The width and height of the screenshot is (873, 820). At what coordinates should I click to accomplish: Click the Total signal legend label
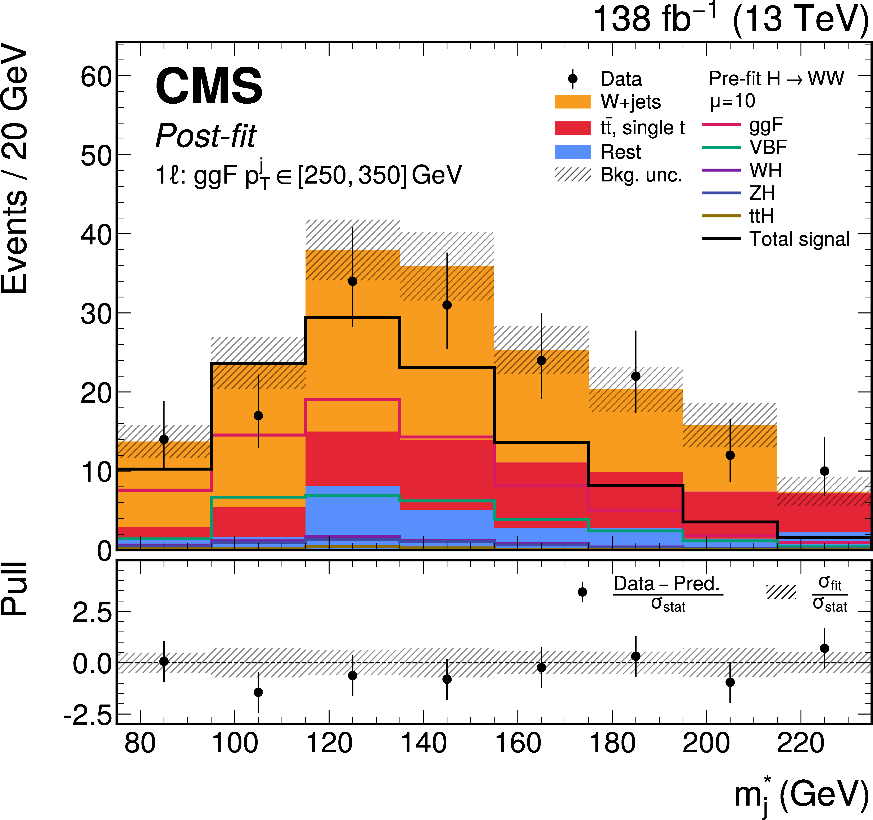coord(799,239)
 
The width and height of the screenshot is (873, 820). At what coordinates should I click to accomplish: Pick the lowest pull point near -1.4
coord(258,692)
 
